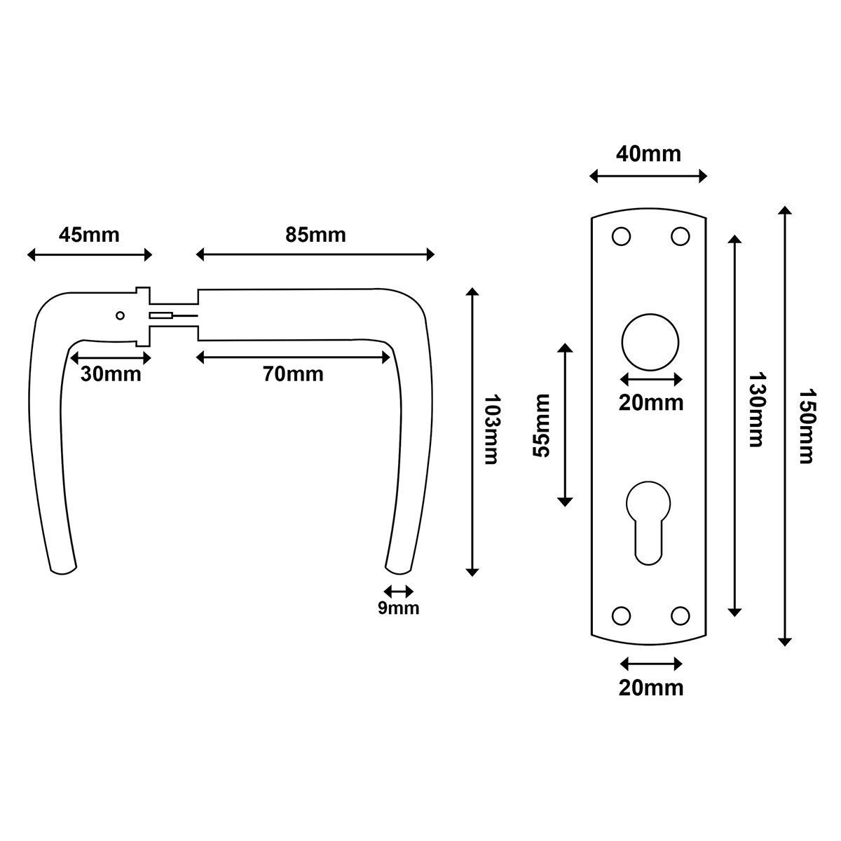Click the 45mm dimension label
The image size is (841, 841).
coord(89,235)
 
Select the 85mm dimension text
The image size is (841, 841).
coord(315,235)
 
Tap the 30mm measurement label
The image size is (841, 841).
coord(111,374)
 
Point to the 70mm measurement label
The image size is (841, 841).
coord(293,374)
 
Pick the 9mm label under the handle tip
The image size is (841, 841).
coord(399,608)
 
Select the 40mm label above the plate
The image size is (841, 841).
coord(648,154)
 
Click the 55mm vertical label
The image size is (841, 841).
coord(541,425)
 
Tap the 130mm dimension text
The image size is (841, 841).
coord(757,410)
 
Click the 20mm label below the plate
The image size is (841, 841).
coord(651,688)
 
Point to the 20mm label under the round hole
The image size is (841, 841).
coord(651,403)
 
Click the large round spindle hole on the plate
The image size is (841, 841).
coord(650,342)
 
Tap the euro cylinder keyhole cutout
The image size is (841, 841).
coord(648,523)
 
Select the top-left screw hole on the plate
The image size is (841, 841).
coord(621,237)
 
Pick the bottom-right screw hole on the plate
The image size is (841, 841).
coord(680,616)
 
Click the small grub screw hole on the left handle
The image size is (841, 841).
coord(120,315)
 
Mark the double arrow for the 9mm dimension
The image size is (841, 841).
coord(399,592)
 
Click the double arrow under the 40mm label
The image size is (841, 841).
coord(648,177)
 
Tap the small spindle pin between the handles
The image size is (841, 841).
coord(174,315)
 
